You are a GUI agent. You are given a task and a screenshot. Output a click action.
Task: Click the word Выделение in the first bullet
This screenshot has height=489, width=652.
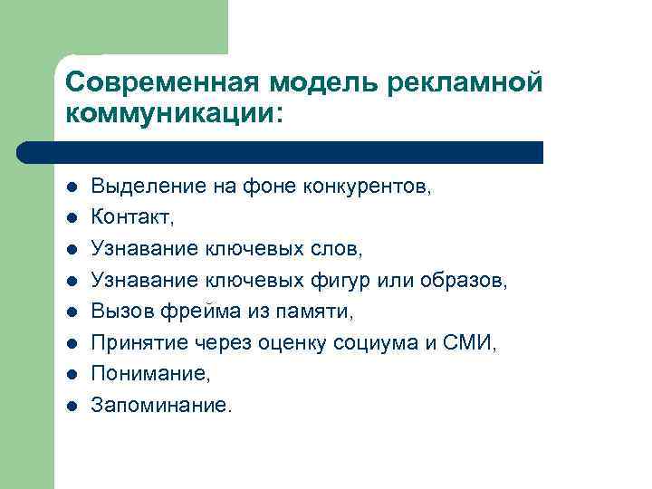136,187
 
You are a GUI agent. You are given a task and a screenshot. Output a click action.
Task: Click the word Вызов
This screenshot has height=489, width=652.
117,312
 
